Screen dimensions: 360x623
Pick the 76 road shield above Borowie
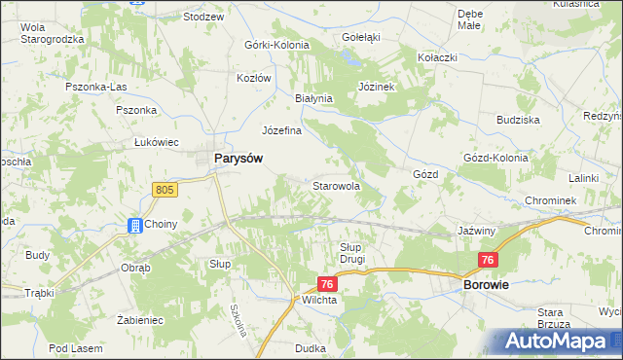[489, 260]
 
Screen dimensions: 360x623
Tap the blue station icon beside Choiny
[134, 225]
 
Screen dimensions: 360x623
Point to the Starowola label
[337, 185]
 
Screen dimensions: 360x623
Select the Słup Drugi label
[351, 253]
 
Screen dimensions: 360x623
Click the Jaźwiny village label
[478, 232]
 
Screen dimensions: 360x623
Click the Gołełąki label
[360, 37]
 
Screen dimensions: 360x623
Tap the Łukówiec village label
[159, 141]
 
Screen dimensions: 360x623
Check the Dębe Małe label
[470, 19]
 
